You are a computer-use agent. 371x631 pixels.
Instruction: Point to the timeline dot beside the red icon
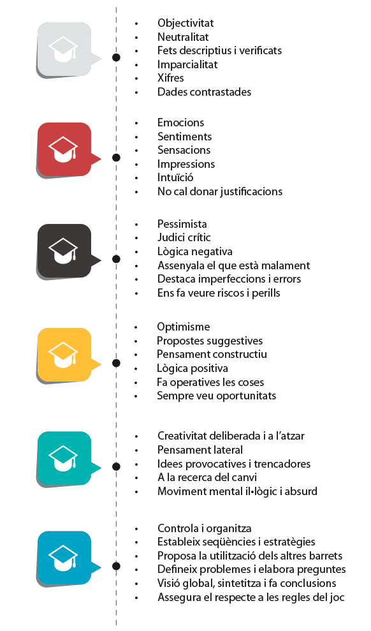116,158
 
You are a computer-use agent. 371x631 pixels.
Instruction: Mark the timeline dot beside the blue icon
116,566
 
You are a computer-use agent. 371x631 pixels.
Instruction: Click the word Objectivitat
185,24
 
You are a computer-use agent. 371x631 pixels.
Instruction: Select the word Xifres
170,78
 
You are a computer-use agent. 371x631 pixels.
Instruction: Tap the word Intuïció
175,177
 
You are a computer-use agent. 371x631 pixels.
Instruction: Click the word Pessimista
182,224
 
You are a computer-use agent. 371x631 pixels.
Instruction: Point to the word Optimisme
184,327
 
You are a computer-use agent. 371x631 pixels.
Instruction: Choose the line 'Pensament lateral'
200,450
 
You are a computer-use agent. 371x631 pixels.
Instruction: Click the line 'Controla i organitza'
205,528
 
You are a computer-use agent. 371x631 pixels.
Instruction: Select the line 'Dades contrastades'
204,92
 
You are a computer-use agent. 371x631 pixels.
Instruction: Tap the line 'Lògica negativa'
195,251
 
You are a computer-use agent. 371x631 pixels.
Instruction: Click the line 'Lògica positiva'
193,368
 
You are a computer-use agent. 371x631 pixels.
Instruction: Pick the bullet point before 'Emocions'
136,123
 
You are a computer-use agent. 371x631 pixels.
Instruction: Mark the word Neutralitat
183,37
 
